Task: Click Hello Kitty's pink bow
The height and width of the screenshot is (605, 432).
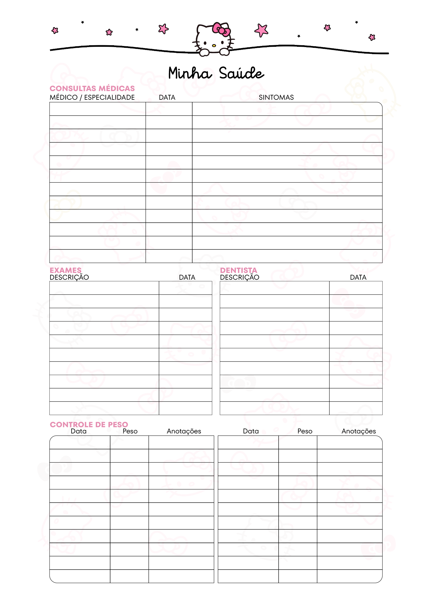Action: click(x=221, y=29)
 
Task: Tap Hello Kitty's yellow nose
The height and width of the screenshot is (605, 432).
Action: click(x=214, y=45)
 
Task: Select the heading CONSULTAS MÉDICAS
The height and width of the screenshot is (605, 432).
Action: click(x=92, y=88)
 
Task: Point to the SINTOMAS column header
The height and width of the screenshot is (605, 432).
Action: click(x=276, y=97)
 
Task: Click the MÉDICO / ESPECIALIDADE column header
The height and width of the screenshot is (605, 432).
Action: click(x=92, y=97)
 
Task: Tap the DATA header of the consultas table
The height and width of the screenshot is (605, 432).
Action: click(x=167, y=97)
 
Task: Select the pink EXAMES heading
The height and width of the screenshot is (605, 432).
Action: click(x=65, y=270)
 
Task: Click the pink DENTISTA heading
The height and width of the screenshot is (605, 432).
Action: click(x=238, y=270)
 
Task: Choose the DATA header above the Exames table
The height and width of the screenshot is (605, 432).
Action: click(x=187, y=277)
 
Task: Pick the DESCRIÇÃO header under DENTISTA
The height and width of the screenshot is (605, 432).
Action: click(x=239, y=277)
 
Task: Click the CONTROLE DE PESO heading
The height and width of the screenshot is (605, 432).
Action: click(x=89, y=424)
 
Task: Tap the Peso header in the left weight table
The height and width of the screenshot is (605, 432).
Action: click(x=130, y=431)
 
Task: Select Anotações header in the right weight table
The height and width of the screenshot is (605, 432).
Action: click(x=359, y=431)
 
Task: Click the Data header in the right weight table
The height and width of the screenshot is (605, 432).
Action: click(x=251, y=431)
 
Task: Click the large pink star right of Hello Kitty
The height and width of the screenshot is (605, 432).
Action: click(x=261, y=30)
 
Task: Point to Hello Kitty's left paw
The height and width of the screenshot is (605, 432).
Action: click(x=204, y=52)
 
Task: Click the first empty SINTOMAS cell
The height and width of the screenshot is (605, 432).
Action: click(x=287, y=109)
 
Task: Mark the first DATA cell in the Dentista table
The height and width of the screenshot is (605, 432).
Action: click(x=356, y=288)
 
